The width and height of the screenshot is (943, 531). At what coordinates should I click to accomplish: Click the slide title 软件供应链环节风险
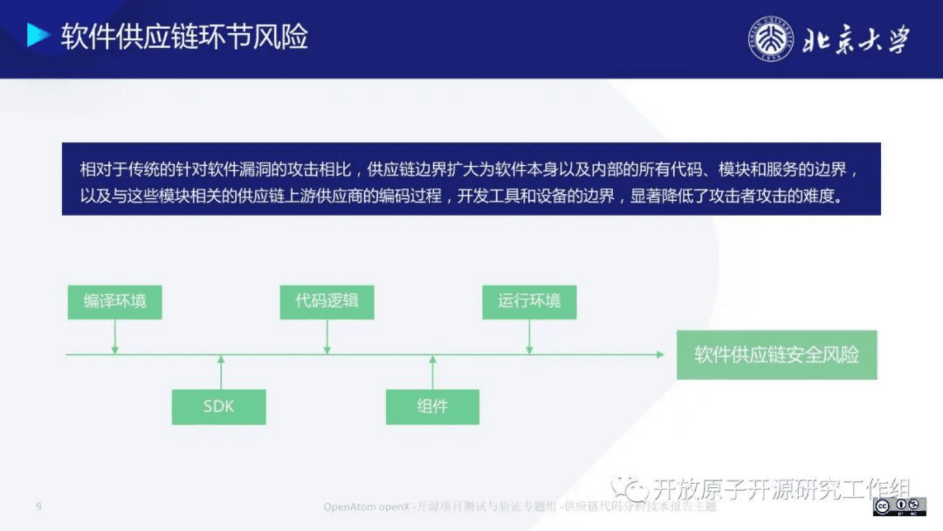click(x=184, y=37)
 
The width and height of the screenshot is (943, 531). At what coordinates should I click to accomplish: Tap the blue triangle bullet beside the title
click(x=37, y=35)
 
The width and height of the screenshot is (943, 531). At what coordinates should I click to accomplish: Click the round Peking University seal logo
click(x=770, y=39)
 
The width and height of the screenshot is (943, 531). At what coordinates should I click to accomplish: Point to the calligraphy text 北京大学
click(x=856, y=40)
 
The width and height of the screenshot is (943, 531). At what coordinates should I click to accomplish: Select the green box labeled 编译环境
click(x=115, y=302)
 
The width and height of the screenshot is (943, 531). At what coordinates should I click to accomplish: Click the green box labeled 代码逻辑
click(x=327, y=302)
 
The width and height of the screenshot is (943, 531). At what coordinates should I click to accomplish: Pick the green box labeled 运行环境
click(x=529, y=302)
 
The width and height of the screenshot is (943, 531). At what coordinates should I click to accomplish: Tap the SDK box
click(x=219, y=407)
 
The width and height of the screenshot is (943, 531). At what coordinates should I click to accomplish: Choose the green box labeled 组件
click(x=432, y=407)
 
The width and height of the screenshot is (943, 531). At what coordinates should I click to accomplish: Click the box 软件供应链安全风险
click(x=776, y=355)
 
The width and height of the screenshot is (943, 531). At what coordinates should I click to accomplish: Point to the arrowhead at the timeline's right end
click(x=660, y=355)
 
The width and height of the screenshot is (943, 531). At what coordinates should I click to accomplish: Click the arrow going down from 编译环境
click(x=115, y=337)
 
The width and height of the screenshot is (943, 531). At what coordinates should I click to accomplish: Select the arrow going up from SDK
click(x=221, y=372)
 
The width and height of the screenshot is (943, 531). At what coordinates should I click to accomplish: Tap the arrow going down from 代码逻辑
click(x=327, y=337)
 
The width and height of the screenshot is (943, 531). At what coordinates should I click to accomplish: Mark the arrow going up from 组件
click(x=433, y=372)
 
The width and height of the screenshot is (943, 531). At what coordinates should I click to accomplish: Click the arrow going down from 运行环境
click(x=529, y=337)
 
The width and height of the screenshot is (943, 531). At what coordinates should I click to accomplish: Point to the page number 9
click(x=39, y=506)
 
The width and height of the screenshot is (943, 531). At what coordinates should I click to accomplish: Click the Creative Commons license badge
click(x=899, y=506)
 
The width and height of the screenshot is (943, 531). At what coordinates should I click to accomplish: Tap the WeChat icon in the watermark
click(x=629, y=488)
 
